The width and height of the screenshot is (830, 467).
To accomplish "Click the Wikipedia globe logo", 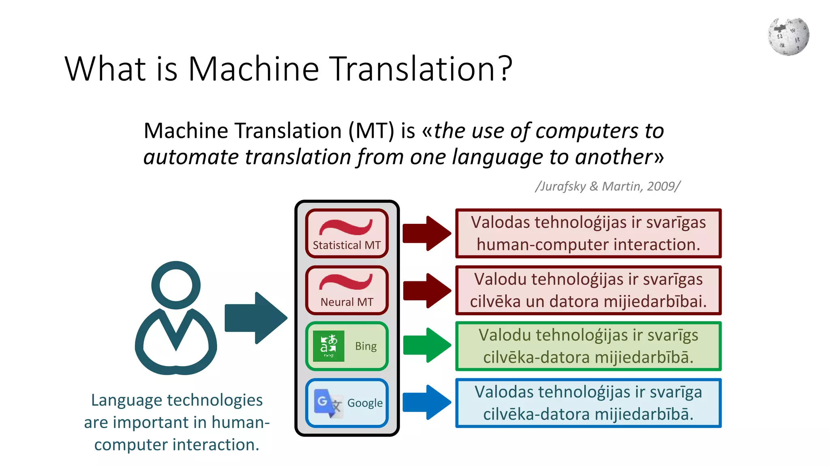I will click(x=788, y=36).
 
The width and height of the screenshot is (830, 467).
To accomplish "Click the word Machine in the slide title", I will click(x=254, y=69).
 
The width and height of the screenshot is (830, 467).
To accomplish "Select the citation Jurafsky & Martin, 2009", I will click(x=608, y=186).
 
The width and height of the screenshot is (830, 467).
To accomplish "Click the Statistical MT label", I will click(x=347, y=245).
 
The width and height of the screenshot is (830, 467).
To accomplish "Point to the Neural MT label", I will click(x=347, y=302).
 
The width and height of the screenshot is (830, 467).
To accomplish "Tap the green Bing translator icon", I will click(x=329, y=346).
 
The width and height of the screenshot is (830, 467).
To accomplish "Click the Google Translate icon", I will click(x=328, y=403).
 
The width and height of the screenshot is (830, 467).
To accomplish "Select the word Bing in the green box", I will click(x=366, y=346).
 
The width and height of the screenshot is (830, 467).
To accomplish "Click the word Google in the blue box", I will click(x=365, y=403).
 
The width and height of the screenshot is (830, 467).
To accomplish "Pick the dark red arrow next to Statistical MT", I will click(x=427, y=233).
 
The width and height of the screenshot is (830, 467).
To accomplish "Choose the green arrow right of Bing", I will click(x=427, y=345).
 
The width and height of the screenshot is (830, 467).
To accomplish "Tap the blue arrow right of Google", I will click(x=427, y=402).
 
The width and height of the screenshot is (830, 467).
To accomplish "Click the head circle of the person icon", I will click(x=176, y=285).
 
